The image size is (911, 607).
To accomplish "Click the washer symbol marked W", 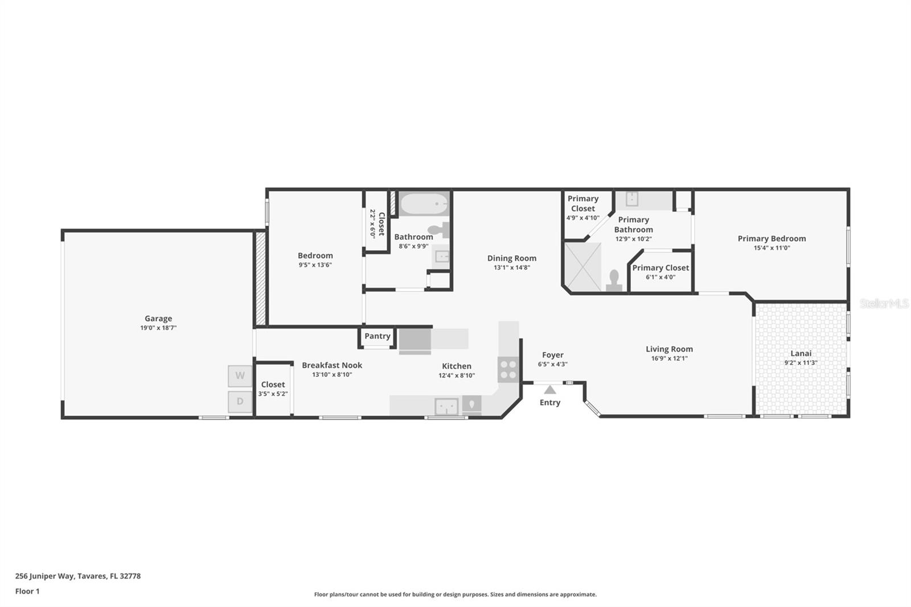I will point(240,376).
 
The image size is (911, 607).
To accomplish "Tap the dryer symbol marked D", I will point(240,401).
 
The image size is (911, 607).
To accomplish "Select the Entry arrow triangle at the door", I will point(549,390).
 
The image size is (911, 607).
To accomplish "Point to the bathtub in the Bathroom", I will point(424,203).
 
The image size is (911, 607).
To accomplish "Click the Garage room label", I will point(158,319).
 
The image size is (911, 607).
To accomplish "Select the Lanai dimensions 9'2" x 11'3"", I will point(801,363).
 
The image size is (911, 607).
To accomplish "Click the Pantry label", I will point(377,336).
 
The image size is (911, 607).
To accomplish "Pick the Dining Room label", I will point(511,259).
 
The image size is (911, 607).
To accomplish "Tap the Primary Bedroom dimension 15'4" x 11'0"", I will point(772,248).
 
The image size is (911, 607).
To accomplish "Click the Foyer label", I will point(552,355).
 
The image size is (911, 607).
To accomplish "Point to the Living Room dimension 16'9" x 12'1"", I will point(669,359).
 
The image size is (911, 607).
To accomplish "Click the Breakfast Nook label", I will point(332,365).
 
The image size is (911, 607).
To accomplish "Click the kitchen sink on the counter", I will point(446,407).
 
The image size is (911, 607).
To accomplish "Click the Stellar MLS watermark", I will point(884,303).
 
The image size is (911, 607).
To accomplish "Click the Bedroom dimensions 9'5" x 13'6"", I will point(315,265).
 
